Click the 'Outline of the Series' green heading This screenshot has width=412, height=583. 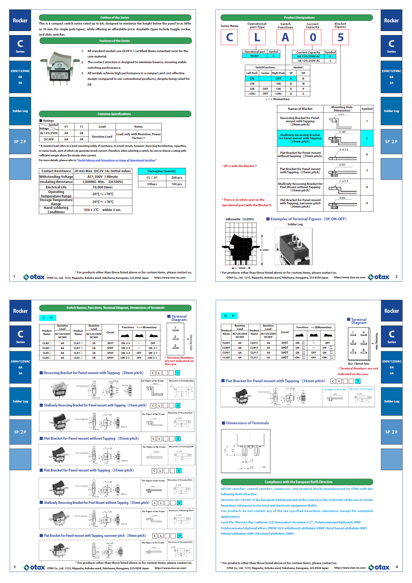[115, 18]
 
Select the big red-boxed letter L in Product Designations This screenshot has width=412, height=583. [257, 37]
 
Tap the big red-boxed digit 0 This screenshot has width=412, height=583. [313, 37]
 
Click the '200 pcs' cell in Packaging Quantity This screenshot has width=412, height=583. [177, 178]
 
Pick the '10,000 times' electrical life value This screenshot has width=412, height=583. [103, 187]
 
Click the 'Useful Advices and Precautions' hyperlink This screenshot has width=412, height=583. [116, 160]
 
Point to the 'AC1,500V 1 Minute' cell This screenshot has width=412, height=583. [103, 177]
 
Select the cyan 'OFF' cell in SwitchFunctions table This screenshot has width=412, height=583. [278, 79]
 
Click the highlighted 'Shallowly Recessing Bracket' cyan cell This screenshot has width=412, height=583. [300, 138]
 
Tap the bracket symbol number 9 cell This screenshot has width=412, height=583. [367, 203]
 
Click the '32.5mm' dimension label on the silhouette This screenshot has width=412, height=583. [264, 250]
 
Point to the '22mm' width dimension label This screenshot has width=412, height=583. [242, 268]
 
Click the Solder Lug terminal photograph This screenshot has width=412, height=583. [293, 246]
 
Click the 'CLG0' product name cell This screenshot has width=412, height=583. [47, 358]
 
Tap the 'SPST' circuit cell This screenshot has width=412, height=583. [110, 343]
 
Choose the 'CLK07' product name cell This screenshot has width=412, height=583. [226, 343]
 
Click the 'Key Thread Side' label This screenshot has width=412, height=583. [359, 364]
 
